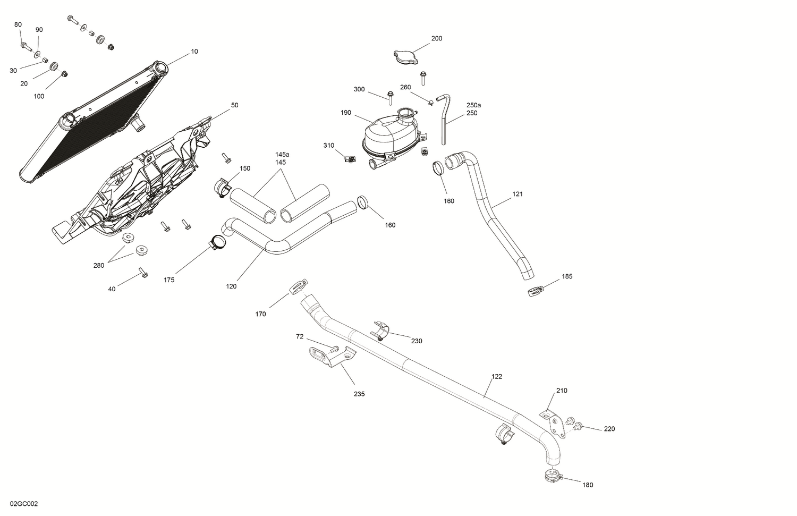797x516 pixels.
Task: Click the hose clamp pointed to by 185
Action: pos(536,291)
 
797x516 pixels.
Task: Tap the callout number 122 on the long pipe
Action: pos(496,377)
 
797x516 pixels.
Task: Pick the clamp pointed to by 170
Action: pos(299,286)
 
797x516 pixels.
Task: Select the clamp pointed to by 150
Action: pos(223,187)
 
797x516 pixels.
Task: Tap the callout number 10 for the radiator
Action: pos(194,52)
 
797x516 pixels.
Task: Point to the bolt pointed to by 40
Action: pos(143,273)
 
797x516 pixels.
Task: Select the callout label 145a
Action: pos(282,155)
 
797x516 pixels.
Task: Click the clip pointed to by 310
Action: pos(349,158)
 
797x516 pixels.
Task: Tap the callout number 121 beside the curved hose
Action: pos(518,194)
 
